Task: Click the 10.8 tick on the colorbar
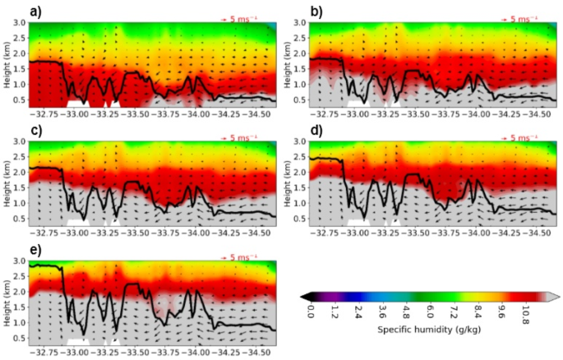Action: point(526,312)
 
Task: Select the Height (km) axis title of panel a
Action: point(7,66)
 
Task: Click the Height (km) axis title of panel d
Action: point(290,184)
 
